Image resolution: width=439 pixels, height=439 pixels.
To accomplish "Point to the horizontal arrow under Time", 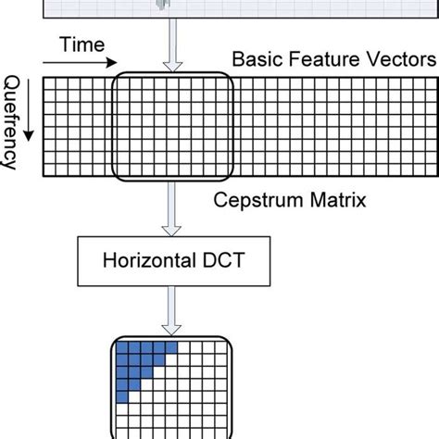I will click(78, 63).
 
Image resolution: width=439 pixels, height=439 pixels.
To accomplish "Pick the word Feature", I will click(320, 59).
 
